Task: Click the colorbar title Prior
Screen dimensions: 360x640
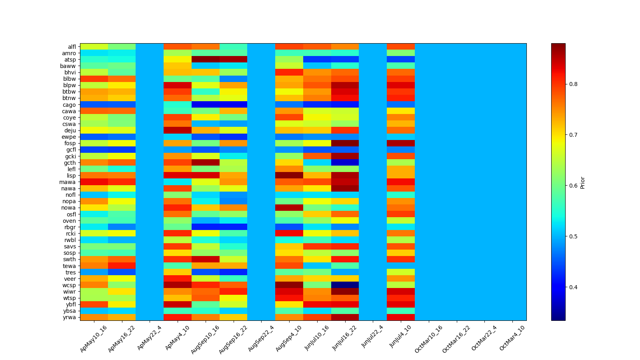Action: point(582,182)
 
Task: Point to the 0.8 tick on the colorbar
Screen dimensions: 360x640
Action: point(573,84)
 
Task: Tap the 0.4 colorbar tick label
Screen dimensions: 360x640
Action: point(573,287)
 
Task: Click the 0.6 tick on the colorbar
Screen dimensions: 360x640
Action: point(573,186)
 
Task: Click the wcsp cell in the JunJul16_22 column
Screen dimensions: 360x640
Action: point(345,285)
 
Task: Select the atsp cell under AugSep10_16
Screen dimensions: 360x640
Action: point(206,60)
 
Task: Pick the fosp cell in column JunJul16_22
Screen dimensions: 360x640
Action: point(345,143)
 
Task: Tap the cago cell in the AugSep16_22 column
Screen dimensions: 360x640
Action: point(233,105)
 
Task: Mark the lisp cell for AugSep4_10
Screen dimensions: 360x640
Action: point(289,176)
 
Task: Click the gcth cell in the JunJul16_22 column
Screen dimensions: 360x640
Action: point(345,163)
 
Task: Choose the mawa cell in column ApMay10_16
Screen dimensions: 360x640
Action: point(94,182)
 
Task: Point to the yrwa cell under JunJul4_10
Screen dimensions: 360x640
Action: point(400,317)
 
